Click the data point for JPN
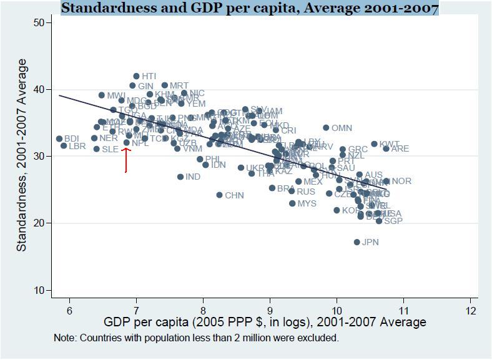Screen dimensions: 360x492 point(357,242)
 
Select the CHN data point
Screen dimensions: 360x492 point(219,195)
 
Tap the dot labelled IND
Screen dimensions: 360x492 point(180,177)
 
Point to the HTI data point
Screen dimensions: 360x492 point(136,76)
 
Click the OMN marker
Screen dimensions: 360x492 point(326,128)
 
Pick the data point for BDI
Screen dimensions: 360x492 point(59,139)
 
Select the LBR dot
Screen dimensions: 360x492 point(64,146)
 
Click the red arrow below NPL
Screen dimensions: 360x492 point(126,160)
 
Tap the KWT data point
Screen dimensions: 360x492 point(374,144)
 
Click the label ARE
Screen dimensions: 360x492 point(400,149)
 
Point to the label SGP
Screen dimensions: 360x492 point(393,221)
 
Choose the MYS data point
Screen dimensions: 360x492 point(292,203)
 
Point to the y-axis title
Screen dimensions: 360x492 point(22,155)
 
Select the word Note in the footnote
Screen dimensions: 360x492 point(66,338)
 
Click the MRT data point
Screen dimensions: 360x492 point(165,85)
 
